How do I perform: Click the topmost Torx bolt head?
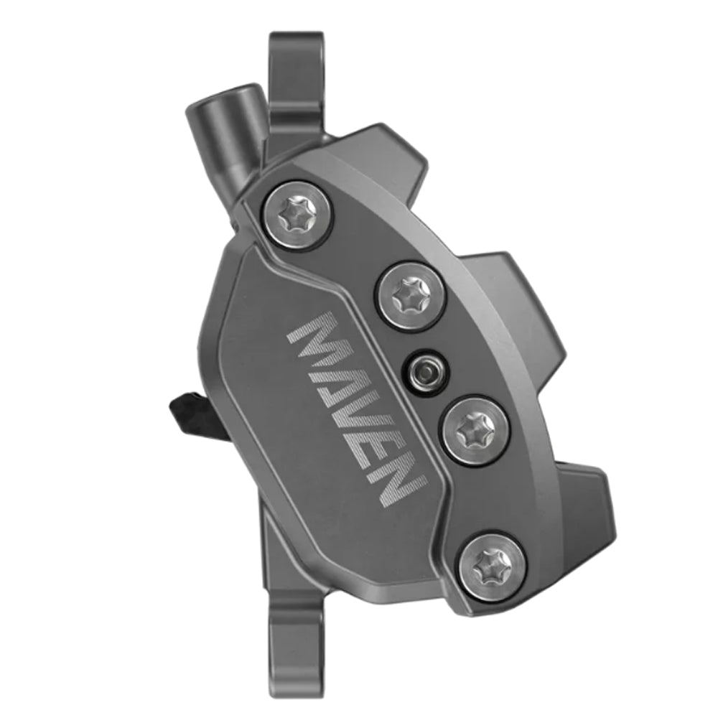coord(298,213)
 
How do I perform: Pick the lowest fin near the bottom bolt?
coord(574,495)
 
